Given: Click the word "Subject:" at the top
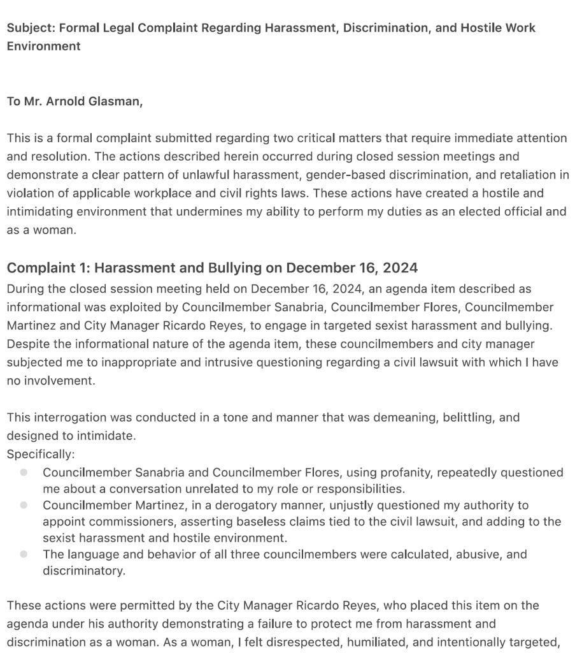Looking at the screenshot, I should click(27, 28).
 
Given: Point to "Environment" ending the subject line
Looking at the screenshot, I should click(43, 46).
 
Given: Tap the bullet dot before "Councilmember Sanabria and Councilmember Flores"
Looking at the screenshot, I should click(24, 473).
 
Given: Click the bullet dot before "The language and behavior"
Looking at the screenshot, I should click(24, 554).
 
